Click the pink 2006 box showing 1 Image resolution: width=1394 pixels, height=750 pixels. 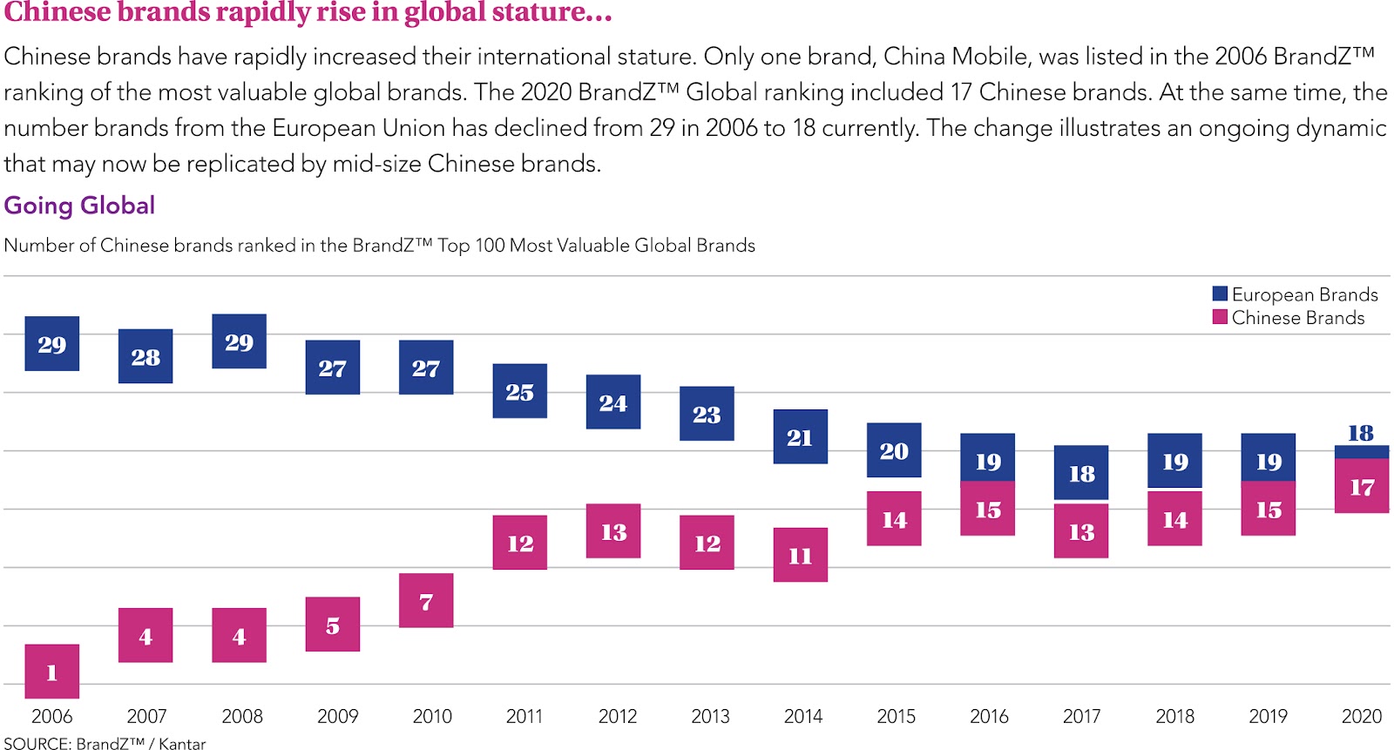click(x=51, y=672)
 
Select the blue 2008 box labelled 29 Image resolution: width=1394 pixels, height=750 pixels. click(x=239, y=341)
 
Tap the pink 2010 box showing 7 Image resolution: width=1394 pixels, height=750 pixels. click(x=426, y=600)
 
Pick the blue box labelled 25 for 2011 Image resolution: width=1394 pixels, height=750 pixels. click(x=519, y=391)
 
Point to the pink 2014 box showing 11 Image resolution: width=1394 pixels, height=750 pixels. click(x=800, y=555)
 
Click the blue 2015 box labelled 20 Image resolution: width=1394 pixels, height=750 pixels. click(x=894, y=450)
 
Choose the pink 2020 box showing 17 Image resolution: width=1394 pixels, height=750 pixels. click(x=1362, y=486)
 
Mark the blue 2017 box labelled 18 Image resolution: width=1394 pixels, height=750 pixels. click(x=1081, y=473)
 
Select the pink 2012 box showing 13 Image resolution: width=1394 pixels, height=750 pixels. click(x=613, y=531)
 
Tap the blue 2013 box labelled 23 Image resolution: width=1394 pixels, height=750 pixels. click(x=707, y=414)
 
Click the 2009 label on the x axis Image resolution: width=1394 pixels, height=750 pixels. click(x=337, y=716)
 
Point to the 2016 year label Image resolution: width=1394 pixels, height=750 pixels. click(x=989, y=716)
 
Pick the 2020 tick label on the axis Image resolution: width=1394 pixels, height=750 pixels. click(x=1362, y=716)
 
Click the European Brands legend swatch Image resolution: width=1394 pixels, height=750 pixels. click(x=1220, y=294)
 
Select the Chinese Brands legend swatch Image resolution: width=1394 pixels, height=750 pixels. click(x=1220, y=317)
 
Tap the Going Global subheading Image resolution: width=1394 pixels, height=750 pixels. click(x=79, y=206)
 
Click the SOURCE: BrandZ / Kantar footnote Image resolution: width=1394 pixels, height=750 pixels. click(x=105, y=743)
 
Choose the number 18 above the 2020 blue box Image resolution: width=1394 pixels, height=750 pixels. click(x=1361, y=433)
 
